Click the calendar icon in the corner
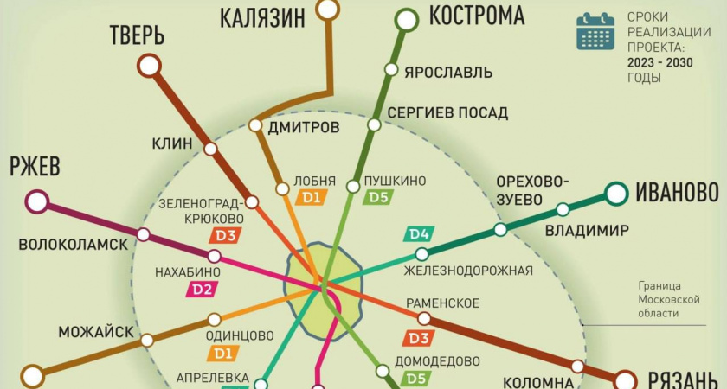click(595, 29)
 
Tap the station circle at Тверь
click(149, 66)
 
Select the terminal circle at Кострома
click(406, 18)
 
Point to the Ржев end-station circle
click(37, 202)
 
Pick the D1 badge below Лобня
click(311, 198)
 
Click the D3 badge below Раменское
click(420, 338)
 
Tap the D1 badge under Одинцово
click(221, 352)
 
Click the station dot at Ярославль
click(391, 70)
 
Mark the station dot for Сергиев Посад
click(374, 125)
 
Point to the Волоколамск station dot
click(144, 234)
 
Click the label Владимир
click(587, 230)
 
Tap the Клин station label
click(171, 143)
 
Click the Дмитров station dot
click(255, 125)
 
